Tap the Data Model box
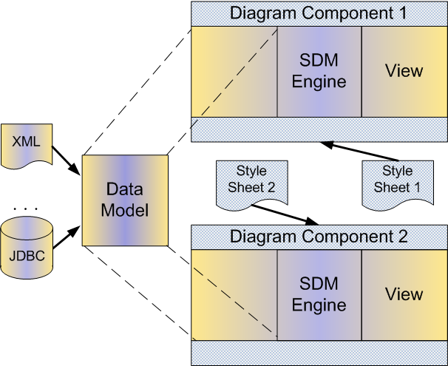[x=124, y=200]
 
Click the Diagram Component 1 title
[x=319, y=13]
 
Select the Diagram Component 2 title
[x=319, y=237]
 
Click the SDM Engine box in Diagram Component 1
[x=319, y=72]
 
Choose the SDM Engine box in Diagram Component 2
[x=319, y=295]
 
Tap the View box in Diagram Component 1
[x=404, y=72]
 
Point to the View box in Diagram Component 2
[x=404, y=295]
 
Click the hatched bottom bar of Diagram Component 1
[x=319, y=129]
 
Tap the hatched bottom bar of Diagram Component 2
[x=319, y=352]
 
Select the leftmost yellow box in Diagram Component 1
[x=234, y=72]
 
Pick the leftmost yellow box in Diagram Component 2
[x=234, y=295]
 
